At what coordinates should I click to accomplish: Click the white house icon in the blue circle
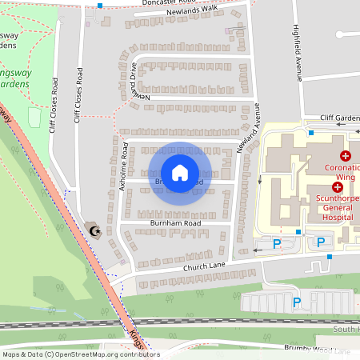179,172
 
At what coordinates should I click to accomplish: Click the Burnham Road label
175,223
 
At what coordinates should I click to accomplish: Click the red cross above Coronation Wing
346,154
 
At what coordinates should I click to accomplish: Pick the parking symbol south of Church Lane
296,302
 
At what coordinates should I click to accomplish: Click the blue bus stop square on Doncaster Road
100,5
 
